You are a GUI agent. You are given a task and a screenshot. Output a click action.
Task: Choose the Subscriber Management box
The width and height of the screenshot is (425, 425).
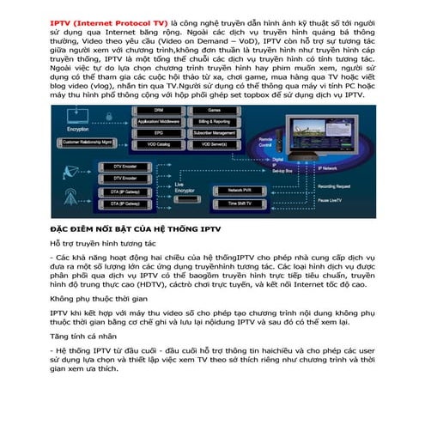pos(214,134)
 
